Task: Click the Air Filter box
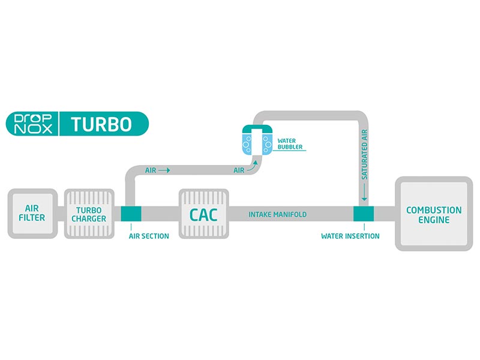tap(32, 214)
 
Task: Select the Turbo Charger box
tap(89, 214)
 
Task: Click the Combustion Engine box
tap(434, 214)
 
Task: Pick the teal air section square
tap(131, 214)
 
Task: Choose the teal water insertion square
tap(363, 214)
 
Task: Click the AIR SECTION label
tap(149, 236)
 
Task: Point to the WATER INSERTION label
tap(350, 236)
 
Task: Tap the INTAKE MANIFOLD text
tap(278, 214)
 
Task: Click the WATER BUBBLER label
tap(291, 144)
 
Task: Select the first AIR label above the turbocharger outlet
tap(151, 170)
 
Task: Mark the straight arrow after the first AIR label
tap(164, 170)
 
